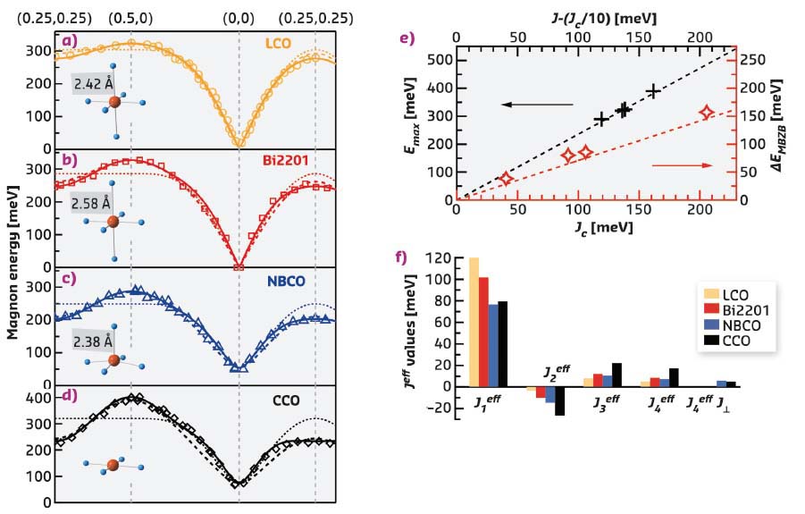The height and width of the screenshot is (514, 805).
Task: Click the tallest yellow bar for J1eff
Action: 474,322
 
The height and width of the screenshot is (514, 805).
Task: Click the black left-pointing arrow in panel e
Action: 535,105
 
